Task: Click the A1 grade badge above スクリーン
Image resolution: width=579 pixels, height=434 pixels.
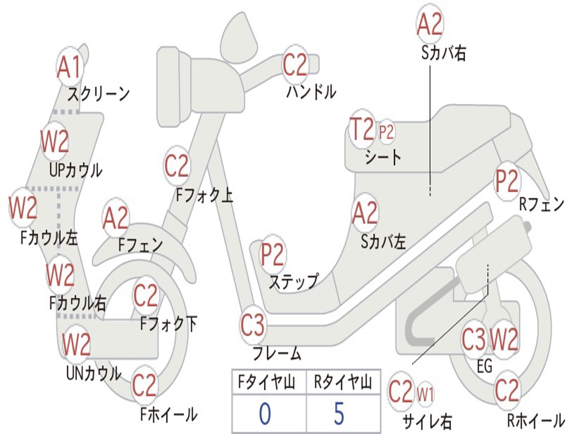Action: [70, 67]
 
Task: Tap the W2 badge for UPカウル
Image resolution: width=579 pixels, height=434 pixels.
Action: [55, 141]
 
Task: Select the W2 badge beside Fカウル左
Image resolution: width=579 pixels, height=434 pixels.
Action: [23, 207]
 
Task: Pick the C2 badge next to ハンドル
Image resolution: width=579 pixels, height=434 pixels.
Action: [295, 65]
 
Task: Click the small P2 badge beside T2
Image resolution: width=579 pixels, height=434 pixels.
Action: [386, 132]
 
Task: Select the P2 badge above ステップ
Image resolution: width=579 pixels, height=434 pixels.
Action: [273, 254]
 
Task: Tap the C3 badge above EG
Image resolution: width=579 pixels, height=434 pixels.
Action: [474, 339]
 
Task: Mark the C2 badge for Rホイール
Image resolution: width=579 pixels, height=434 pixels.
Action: [506, 390]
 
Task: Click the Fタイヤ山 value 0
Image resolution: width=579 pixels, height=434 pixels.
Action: [265, 414]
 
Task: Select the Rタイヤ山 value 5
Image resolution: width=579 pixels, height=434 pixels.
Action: [338, 414]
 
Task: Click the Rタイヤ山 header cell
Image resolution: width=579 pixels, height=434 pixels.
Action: [342, 383]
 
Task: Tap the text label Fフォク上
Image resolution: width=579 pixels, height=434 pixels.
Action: [204, 196]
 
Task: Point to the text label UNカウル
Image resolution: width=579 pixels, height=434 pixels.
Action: [93, 373]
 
